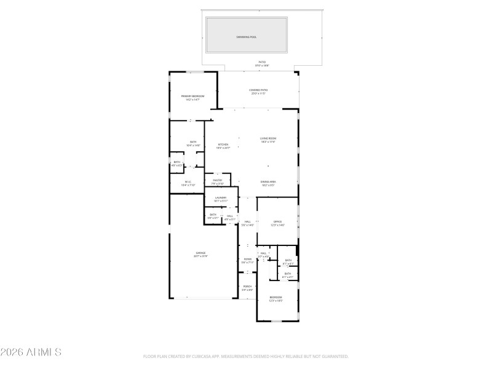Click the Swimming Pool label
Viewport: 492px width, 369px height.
(246, 37)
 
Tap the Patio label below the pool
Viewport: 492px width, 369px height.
(262, 63)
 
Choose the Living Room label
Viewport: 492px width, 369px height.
(268, 140)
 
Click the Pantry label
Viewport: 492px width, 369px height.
(218, 181)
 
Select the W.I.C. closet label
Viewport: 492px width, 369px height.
(188, 183)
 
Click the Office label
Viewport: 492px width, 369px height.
(277, 223)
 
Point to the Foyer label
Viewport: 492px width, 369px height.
(247, 261)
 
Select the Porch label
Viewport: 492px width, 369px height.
(247, 288)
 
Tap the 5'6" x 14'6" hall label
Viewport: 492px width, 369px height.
(248, 223)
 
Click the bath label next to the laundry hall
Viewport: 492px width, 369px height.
(213, 216)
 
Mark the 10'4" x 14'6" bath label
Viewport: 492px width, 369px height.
(193, 143)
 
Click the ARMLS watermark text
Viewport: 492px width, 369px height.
(31, 352)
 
